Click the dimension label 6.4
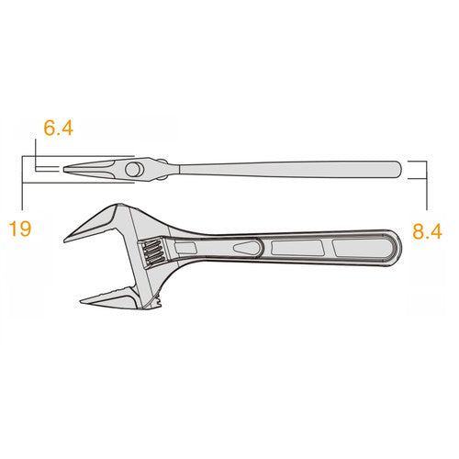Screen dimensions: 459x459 point(58,128)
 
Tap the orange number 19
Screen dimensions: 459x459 point(20,229)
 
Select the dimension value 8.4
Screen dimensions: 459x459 point(427,231)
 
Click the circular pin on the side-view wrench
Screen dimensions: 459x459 point(133,170)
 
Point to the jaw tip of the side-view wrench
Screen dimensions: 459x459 point(64,169)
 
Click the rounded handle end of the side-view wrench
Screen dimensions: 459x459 point(397,169)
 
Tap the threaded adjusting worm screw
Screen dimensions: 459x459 point(153,252)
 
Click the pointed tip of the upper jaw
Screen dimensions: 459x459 point(65,241)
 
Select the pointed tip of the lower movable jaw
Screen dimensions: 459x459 point(83,300)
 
